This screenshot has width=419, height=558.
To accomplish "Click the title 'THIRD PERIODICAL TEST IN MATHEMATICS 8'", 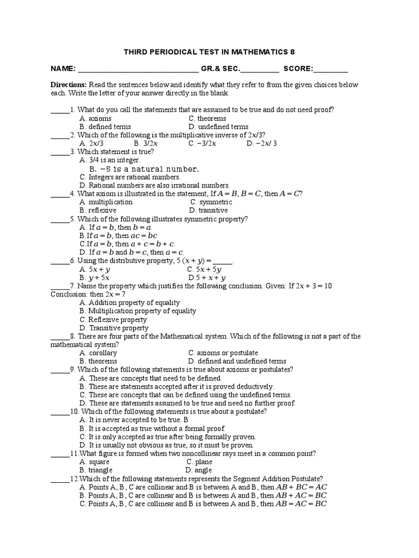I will [209, 52].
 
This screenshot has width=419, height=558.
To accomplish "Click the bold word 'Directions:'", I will [69, 85].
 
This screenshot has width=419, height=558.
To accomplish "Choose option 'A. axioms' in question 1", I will [95, 118].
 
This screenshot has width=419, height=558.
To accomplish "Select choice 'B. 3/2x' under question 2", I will [146, 143].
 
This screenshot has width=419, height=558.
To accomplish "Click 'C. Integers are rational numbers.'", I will [130, 177].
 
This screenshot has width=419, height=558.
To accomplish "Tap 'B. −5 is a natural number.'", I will [140, 169].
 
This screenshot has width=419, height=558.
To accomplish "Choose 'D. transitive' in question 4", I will [208, 210].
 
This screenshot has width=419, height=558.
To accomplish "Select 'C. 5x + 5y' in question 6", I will [204, 269].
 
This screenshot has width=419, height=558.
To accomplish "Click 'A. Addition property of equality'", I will [129, 302].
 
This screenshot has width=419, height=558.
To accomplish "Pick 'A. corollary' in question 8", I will [98, 353].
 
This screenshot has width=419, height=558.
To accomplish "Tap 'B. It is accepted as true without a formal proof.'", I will [152, 429].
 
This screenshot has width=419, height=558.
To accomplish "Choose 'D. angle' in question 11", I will [199, 470].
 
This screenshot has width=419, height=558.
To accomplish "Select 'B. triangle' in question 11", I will [96, 470].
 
